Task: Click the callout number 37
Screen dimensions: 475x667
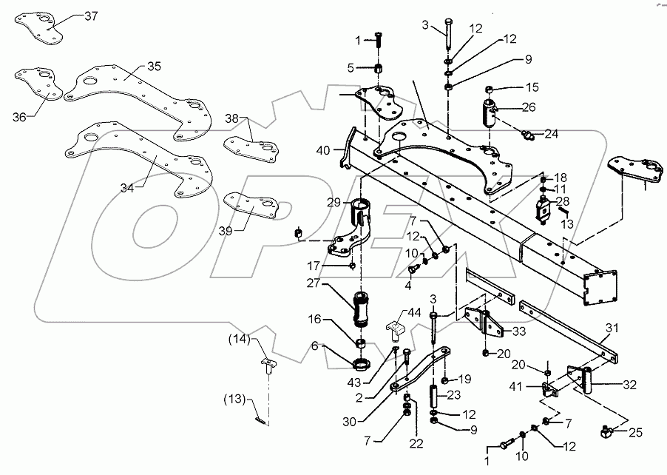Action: point(89,16)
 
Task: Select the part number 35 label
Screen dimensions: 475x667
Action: point(153,66)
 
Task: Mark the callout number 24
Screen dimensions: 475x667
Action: point(552,134)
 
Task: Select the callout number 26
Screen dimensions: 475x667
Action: point(527,107)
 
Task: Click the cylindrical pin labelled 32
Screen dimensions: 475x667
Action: point(589,383)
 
